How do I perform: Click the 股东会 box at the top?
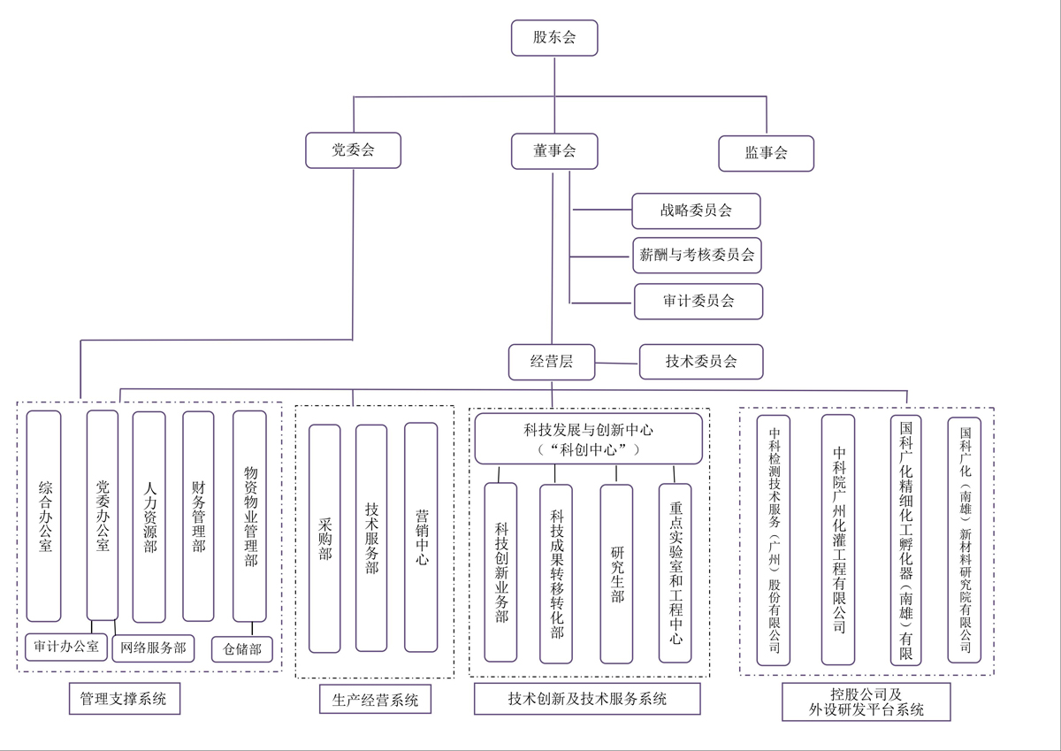tap(554, 38)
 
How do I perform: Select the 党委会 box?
tap(353, 150)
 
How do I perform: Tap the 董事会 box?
tap(554, 151)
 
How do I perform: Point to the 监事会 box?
tap(766, 153)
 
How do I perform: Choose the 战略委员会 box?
tap(696, 211)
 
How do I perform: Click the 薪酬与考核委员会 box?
tap(697, 256)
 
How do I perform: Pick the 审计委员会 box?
tap(698, 301)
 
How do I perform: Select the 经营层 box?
tap(552, 361)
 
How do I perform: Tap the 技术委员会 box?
tap(701, 361)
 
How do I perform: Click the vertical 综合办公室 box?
tap(44, 516)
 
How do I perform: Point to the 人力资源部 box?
tap(149, 517)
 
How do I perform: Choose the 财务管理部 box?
tap(198, 517)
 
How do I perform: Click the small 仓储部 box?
tap(241, 649)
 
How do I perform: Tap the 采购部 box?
tap(324, 538)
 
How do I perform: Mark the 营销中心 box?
tap(421, 537)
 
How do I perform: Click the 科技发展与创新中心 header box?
tap(588, 439)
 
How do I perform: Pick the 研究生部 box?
tap(616, 573)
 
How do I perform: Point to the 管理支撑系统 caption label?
tap(123, 699)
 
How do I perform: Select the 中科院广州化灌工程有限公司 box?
tap(838, 540)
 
